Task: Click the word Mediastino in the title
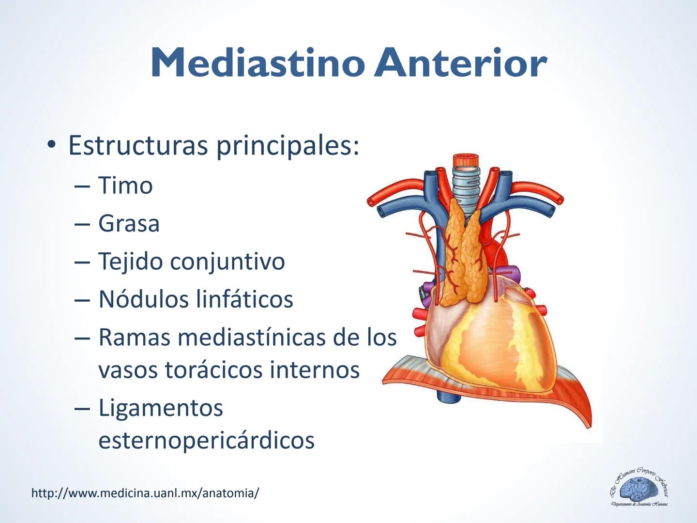[x=258, y=63]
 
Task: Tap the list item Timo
[x=125, y=185]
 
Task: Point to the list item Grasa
[x=129, y=223]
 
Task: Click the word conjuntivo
[x=227, y=261]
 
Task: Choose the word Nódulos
[x=143, y=299]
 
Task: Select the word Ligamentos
[x=161, y=408]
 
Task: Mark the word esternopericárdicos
[x=206, y=440]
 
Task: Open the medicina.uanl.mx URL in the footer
[x=145, y=493]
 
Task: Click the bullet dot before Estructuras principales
[x=50, y=145]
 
